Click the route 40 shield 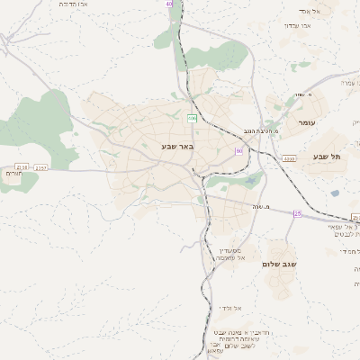click(x=168, y=4)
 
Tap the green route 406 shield click(x=192, y=119)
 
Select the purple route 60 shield click(x=239, y=150)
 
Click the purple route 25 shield click(x=297, y=213)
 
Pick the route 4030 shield click(x=289, y=158)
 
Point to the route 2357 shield click(x=41, y=167)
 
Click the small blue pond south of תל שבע click(x=335, y=192)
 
